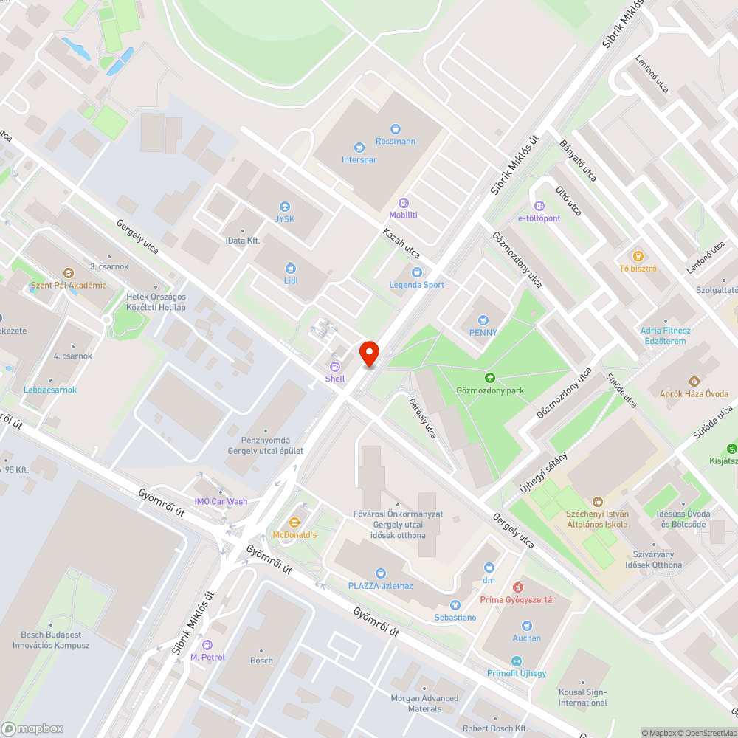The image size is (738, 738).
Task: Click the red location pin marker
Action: pos(368,353)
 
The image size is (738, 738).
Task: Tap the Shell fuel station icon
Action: pos(335,367)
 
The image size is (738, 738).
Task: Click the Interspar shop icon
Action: pos(359,148)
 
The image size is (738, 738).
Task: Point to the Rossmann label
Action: pos(396,141)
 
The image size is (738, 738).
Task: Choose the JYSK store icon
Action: pos(285,207)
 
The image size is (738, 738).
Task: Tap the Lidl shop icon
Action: pos(291,269)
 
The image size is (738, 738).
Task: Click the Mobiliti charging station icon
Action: pos(404,203)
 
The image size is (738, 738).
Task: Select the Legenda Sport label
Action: pos(417,285)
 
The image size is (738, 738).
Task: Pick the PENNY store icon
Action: pos(483,320)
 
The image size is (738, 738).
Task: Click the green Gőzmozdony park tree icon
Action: pos(489,378)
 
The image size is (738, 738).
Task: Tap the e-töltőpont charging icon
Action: pos(539,206)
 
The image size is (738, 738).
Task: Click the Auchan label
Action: pos(526,638)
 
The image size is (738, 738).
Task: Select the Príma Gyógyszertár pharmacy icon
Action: pos(517,587)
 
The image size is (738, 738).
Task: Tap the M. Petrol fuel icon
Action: pos(207,645)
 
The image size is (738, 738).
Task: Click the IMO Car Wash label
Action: pos(221,502)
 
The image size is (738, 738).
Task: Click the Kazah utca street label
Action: pos(401,243)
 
